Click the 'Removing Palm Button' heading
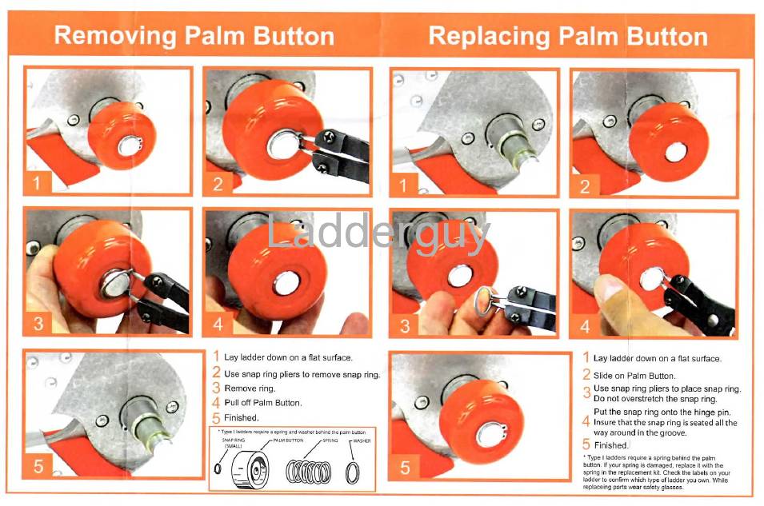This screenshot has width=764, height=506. (x=194, y=36)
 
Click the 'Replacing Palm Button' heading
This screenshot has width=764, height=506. (x=568, y=36)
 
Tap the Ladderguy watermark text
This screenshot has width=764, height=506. (x=378, y=234)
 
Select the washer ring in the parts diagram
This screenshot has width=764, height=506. (x=352, y=471)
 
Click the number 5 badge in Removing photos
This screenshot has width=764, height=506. (x=38, y=464)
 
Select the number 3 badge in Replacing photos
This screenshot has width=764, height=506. (x=405, y=325)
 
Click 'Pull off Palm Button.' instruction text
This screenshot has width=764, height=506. (x=262, y=403)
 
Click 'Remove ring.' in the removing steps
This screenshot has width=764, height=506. (x=250, y=388)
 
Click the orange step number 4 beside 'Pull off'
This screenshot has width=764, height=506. (x=216, y=403)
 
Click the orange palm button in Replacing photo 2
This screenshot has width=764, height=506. (x=668, y=141)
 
